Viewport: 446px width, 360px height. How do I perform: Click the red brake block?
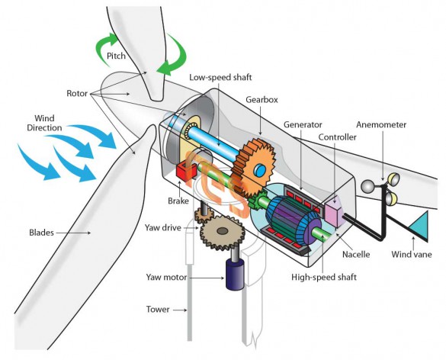tap(186, 172)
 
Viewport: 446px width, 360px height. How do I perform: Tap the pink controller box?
tap(334, 211)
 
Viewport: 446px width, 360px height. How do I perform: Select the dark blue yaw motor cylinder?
tap(235, 275)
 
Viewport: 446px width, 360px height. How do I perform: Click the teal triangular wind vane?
tap(420, 226)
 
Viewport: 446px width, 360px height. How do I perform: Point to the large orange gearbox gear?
tap(255, 167)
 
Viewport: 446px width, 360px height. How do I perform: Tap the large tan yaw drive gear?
tap(223, 233)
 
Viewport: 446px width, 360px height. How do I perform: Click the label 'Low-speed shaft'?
tap(220, 77)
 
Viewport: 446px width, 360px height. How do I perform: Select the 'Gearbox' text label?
tap(262, 100)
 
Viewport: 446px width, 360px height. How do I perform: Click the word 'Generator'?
tap(303, 124)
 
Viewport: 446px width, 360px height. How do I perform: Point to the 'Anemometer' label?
tap(381, 124)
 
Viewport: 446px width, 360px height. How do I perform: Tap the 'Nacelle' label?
tap(356, 254)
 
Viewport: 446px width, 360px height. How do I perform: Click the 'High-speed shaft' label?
tap(324, 277)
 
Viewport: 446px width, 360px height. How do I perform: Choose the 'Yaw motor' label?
tap(166, 277)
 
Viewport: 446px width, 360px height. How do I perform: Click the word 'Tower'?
tap(158, 309)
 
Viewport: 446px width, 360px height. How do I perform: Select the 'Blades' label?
tap(41, 233)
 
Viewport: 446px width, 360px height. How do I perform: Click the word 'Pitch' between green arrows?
tap(116, 56)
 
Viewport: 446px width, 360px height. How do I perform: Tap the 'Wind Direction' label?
tap(44, 123)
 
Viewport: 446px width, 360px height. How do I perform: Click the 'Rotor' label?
tap(77, 93)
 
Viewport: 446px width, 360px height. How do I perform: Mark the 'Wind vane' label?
tap(412, 254)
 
